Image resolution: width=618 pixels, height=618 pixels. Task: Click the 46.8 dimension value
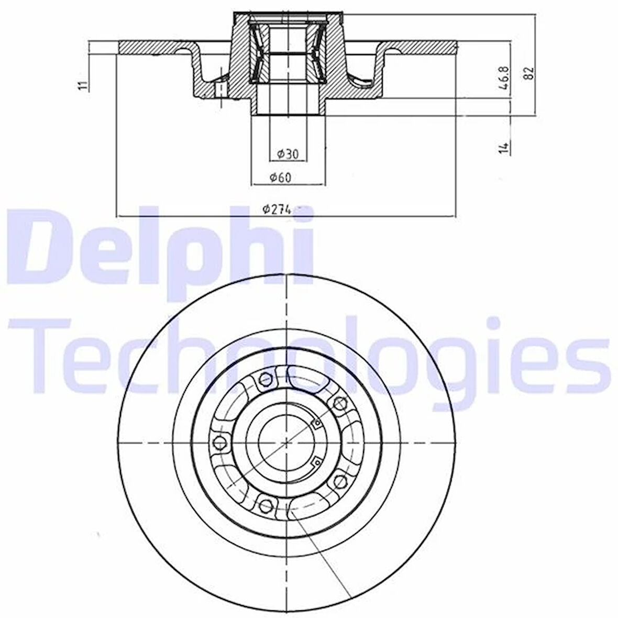point(505,79)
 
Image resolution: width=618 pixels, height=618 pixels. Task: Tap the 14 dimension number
point(504,147)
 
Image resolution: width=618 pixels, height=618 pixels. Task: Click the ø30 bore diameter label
point(288,153)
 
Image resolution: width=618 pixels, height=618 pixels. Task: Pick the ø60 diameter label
point(281,178)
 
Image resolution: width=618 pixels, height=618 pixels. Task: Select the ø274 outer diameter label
point(277,209)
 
